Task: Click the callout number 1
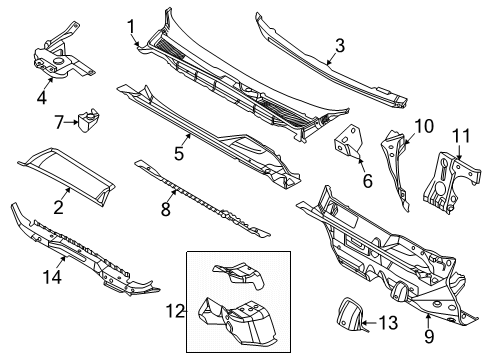point(131,25)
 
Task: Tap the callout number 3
point(340,44)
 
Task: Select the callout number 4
point(42,97)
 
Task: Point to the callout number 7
point(59,122)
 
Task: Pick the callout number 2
point(58,207)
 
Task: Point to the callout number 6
point(367,181)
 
